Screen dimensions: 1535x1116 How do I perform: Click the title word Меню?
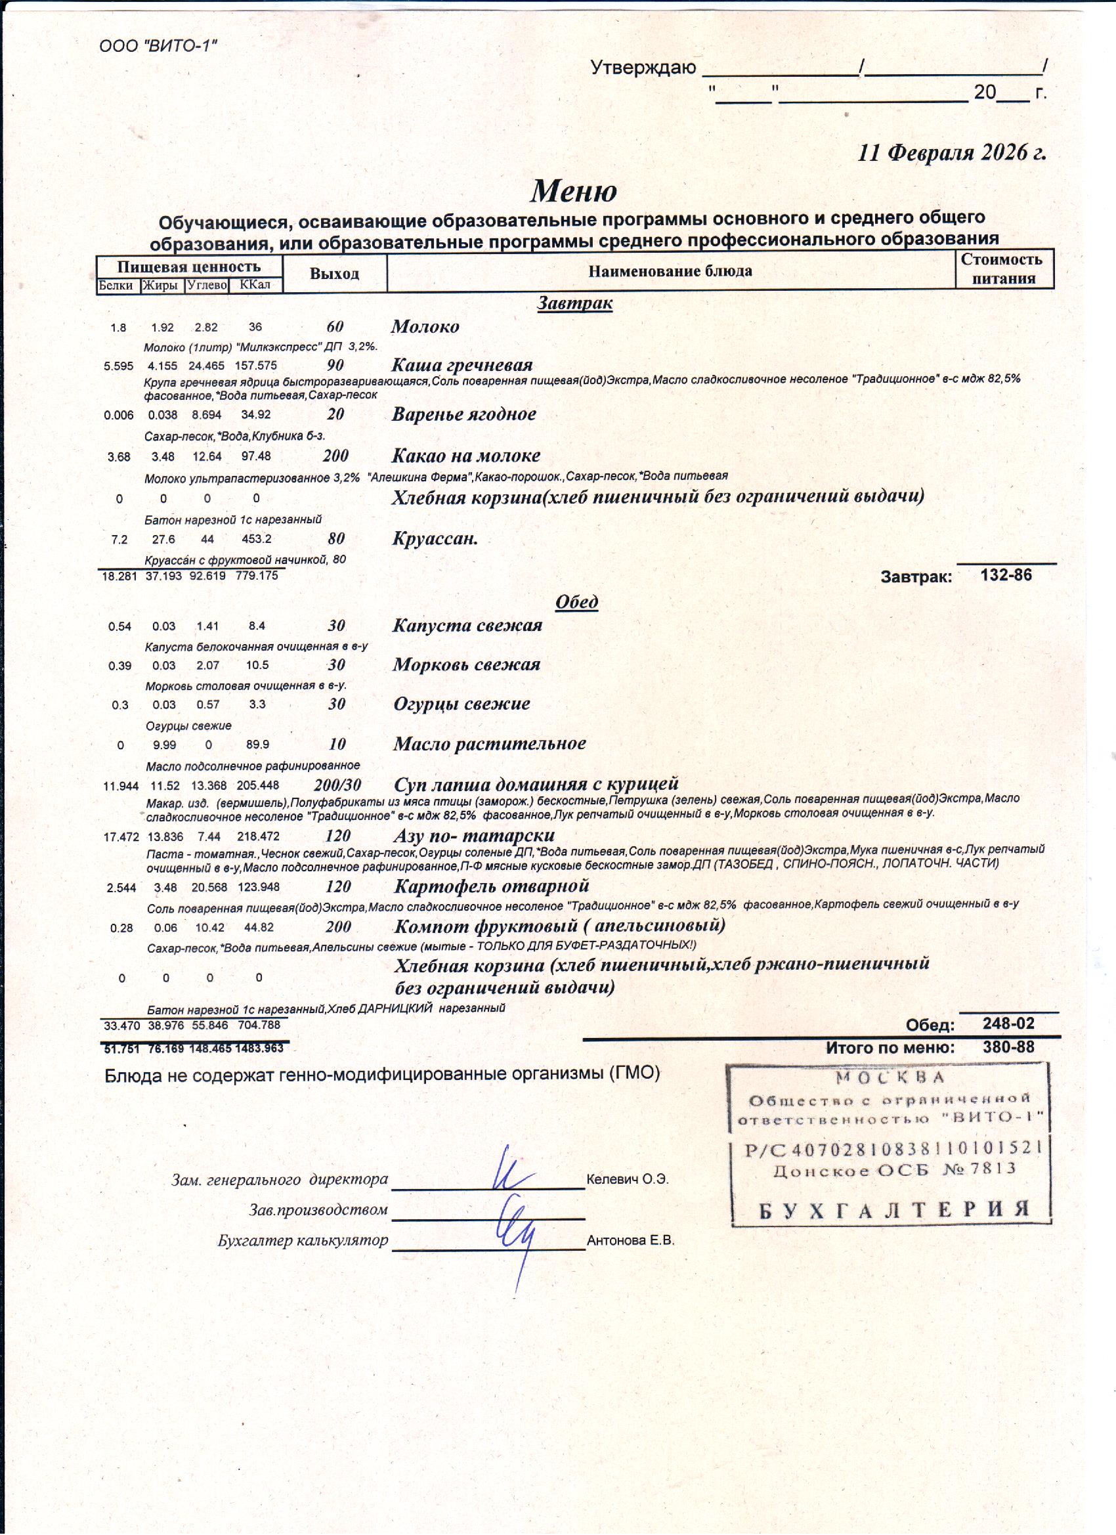(573, 191)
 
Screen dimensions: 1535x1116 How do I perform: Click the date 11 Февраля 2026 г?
(951, 152)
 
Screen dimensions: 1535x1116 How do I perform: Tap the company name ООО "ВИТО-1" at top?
(158, 46)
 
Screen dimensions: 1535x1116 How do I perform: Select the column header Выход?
(334, 273)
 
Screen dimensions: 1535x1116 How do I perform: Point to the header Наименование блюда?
(670, 271)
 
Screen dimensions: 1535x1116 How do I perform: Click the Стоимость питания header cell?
(1004, 269)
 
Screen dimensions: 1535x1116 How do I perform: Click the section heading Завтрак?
(574, 303)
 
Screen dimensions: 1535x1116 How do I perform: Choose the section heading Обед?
(576, 601)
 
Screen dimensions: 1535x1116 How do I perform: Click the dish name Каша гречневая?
(462, 365)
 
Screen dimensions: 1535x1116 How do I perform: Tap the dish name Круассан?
(435, 539)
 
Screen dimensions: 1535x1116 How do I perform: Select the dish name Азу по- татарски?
(474, 835)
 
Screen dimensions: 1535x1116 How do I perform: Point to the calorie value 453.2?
(257, 540)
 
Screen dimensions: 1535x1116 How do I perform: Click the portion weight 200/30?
(337, 785)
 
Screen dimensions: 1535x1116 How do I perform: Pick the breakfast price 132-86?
(1006, 575)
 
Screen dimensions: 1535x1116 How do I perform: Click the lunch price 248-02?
(1008, 1024)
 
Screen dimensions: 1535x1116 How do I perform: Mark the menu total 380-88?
(1008, 1047)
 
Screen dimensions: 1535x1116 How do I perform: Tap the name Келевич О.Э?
(628, 1179)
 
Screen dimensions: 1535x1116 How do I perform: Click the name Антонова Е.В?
(631, 1241)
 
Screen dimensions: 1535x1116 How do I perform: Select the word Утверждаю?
(643, 68)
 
